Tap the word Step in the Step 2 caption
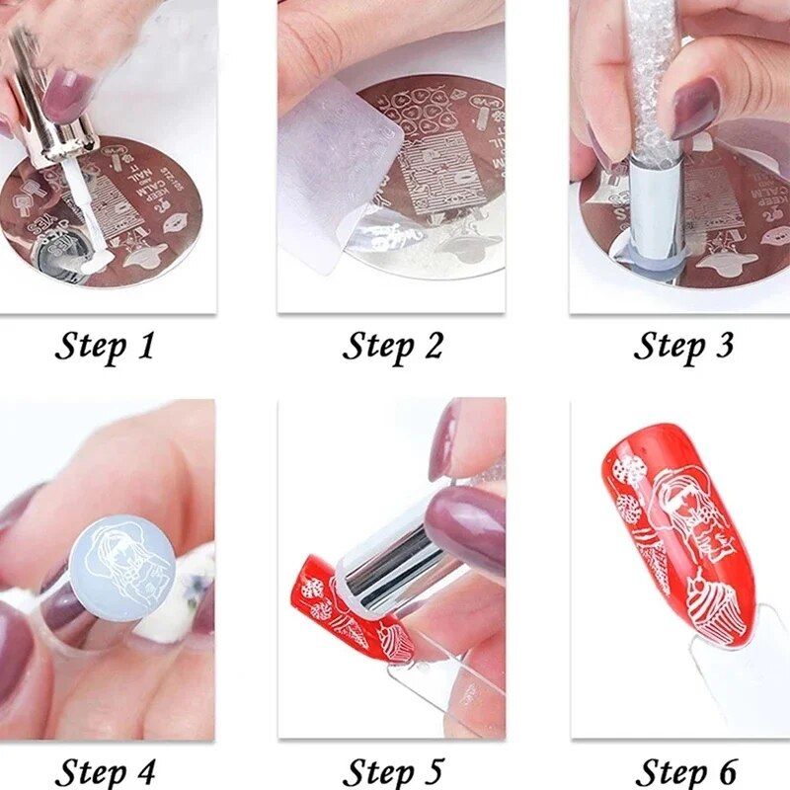(377, 347)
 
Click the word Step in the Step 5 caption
(377, 770)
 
